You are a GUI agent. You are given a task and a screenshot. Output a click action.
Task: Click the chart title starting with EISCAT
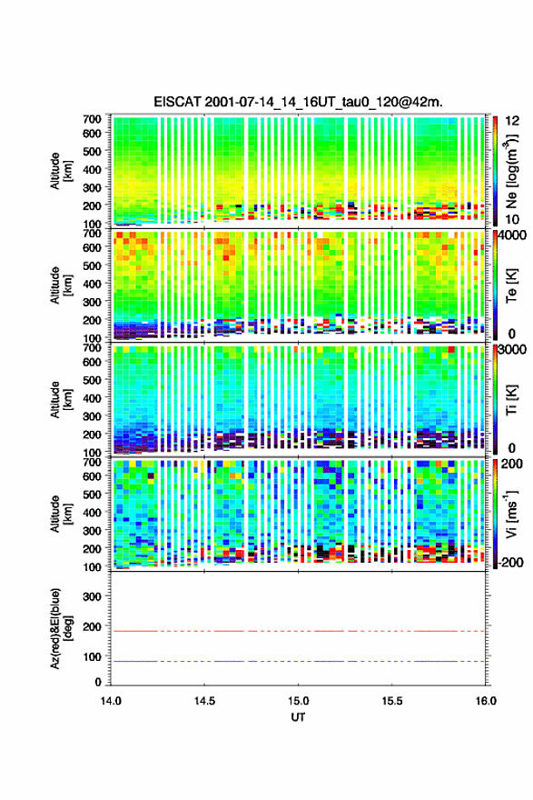pyautogui.click(x=298, y=102)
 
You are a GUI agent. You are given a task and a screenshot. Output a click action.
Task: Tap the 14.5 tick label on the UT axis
pyautogui.click(x=204, y=701)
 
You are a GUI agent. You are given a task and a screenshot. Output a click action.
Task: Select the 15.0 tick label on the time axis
pyautogui.click(x=298, y=701)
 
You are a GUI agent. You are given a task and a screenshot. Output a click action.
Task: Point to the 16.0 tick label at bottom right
pyautogui.click(x=486, y=701)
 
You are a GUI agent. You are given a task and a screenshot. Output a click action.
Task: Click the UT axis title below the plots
pyautogui.click(x=298, y=717)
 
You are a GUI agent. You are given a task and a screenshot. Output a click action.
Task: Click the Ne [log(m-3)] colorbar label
pyautogui.click(x=512, y=172)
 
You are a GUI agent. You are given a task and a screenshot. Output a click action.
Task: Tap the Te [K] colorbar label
pyautogui.click(x=512, y=285)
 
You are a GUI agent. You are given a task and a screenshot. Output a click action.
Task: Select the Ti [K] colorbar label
pyautogui.click(x=512, y=400)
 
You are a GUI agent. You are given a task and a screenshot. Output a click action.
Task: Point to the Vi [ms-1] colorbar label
pyautogui.click(x=512, y=515)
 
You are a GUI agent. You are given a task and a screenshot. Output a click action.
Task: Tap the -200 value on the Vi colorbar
pyautogui.click(x=509, y=562)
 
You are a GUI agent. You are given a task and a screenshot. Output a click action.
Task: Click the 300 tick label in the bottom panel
pyautogui.click(x=92, y=596)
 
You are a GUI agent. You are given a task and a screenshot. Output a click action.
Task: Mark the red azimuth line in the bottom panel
pyautogui.click(x=298, y=631)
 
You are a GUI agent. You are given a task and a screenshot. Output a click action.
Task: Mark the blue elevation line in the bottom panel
pyautogui.click(x=298, y=661)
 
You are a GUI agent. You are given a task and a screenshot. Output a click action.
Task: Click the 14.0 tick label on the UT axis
pyautogui.click(x=111, y=701)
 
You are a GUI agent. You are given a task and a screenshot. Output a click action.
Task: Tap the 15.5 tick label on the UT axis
pyautogui.click(x=392, y=701)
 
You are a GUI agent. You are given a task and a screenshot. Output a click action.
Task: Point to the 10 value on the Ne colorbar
pyautogui.click(x=512, y=219)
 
